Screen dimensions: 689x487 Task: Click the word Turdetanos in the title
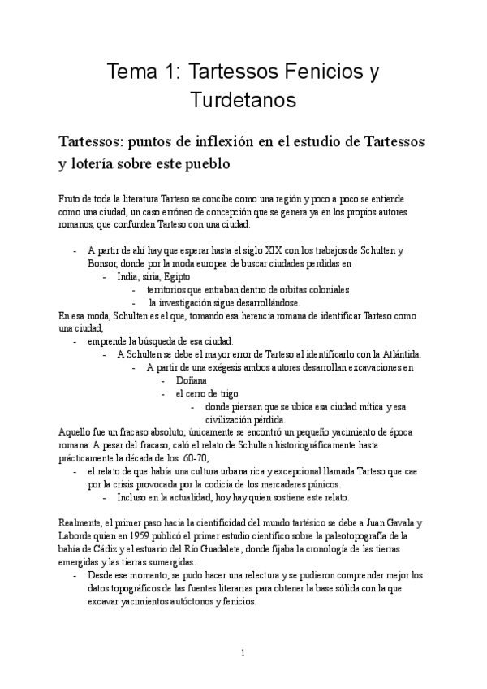[243, 101]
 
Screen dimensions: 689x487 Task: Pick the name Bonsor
[104, 264]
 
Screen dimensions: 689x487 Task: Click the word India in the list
[129, 276]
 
